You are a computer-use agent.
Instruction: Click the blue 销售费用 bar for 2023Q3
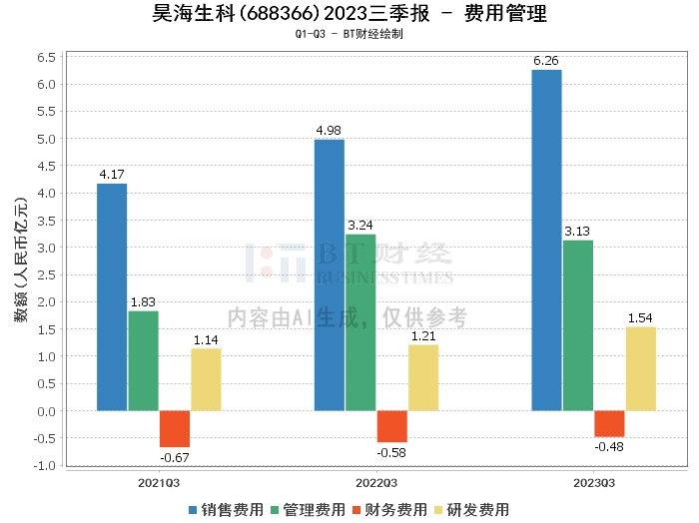coord(546,240)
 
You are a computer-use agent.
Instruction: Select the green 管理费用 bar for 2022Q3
coord(360,322)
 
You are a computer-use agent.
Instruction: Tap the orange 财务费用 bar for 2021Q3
coord(175,428)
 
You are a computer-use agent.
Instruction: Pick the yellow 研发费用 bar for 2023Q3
coord(640,368)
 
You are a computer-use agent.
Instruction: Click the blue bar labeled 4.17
coord(112,296)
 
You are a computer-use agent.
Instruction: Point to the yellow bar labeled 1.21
coord(423,377)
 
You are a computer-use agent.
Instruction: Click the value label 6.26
coord(546,61)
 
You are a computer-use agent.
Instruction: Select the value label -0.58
coord(391,453)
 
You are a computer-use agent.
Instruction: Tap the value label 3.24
coord(360,226)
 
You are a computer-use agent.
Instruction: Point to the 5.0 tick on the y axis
coord(46,139)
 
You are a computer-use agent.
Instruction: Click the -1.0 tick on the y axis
coord(44,465)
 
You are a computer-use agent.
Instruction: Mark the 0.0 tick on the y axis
coord(46,411)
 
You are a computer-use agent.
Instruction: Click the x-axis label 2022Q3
coord(376,483)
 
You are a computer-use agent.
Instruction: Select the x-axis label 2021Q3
coord(159,483)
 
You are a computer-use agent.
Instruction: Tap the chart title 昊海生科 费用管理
coord(349,14)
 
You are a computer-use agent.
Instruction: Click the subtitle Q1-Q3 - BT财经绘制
coord(349,34)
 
